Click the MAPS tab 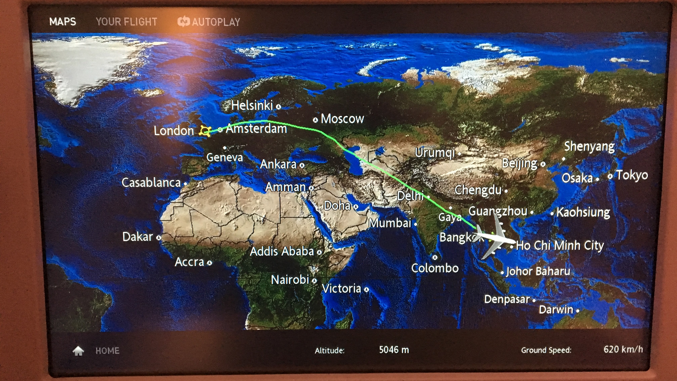click(63, 22)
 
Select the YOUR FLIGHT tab click(126, 22)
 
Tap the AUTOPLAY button click(209, 22)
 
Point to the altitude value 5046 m click(394, 350)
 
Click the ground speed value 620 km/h click(623, 349)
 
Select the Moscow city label click(342, 119)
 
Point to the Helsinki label click(252, 105)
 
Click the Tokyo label click(632, 175)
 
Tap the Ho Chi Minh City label click(560, 245)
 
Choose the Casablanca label click(151, 182)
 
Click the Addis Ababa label click(282, 251)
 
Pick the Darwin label click(556, 310)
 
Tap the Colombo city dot click(435, 257)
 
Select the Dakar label click(138, 237)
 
